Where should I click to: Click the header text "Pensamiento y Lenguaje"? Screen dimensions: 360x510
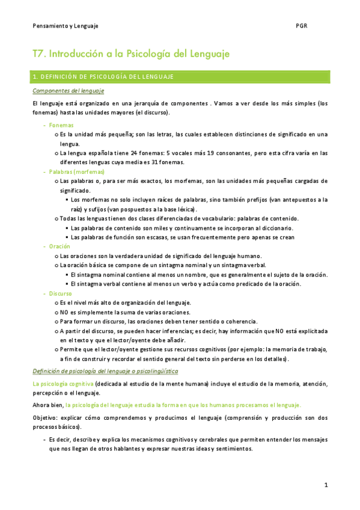coord(66,26)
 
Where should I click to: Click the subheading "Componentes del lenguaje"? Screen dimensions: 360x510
coord(68,91)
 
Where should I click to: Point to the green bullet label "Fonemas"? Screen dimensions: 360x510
coord(61,125)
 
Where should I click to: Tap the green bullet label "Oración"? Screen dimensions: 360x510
coord(59,247)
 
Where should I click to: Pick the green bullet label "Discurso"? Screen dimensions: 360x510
coord(61,293)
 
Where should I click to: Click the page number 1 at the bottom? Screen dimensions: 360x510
coord(325,485)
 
